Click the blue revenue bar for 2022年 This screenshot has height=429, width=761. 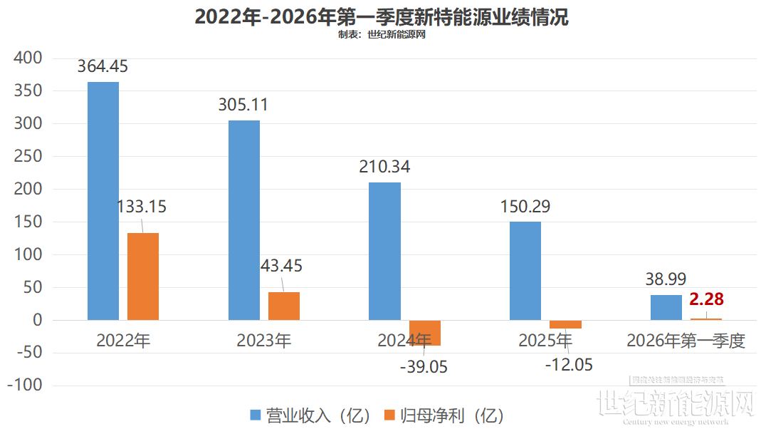coord(103,201)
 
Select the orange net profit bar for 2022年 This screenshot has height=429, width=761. coord(143,276)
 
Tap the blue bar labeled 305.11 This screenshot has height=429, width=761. coord(244,220)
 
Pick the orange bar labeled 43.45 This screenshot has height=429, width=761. coord(284,306)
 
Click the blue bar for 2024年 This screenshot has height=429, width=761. coord(384,251)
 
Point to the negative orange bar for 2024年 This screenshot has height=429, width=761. coord(424,333)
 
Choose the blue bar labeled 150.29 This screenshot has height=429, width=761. coord(525,271)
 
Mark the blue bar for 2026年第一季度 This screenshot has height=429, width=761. coord(666,307)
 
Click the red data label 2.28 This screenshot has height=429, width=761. coord(706,299)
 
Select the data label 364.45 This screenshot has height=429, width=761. coord(103,66)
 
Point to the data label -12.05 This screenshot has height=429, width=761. coord(568,364)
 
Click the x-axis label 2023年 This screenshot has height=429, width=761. coord(263,341)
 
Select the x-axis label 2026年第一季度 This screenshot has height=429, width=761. coord(686,341)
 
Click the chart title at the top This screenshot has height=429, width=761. coord(382,17)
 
